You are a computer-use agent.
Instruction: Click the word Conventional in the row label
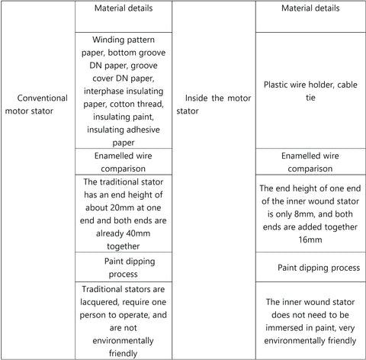43,98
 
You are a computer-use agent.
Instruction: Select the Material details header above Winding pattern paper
124,8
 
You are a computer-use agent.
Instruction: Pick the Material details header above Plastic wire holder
310,8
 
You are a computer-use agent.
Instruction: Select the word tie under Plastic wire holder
310,98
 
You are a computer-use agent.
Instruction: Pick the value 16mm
310,239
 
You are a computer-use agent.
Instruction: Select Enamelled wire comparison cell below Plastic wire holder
310,162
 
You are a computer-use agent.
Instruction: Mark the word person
93,315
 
